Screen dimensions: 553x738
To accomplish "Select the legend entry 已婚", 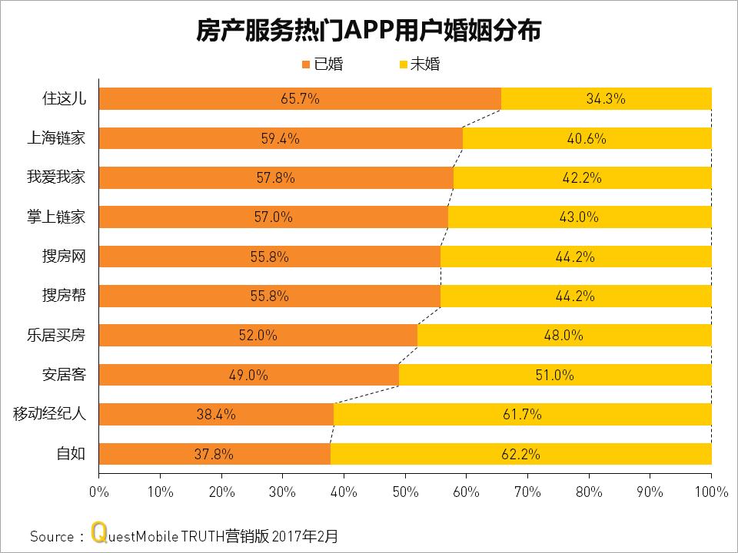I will click(323, 65).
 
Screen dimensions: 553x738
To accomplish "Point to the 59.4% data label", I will click(280, 139).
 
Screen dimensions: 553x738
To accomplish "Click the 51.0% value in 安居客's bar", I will click(554, 376).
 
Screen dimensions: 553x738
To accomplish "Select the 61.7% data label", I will click(522, 415).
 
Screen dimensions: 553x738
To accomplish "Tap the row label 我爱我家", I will click(56, 177).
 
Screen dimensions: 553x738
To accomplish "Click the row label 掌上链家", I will click(56, 217).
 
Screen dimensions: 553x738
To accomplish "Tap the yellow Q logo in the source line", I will click(98, 533).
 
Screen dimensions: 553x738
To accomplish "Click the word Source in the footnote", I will click(52, 535).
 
